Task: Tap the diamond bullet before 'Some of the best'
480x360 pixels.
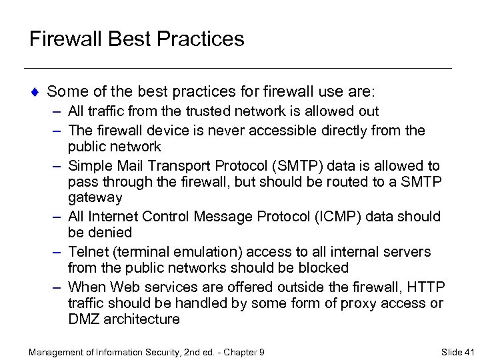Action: pos(35,91)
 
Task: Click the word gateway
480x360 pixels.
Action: pos(95,198)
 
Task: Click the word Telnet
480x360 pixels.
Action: pos(87,251)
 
